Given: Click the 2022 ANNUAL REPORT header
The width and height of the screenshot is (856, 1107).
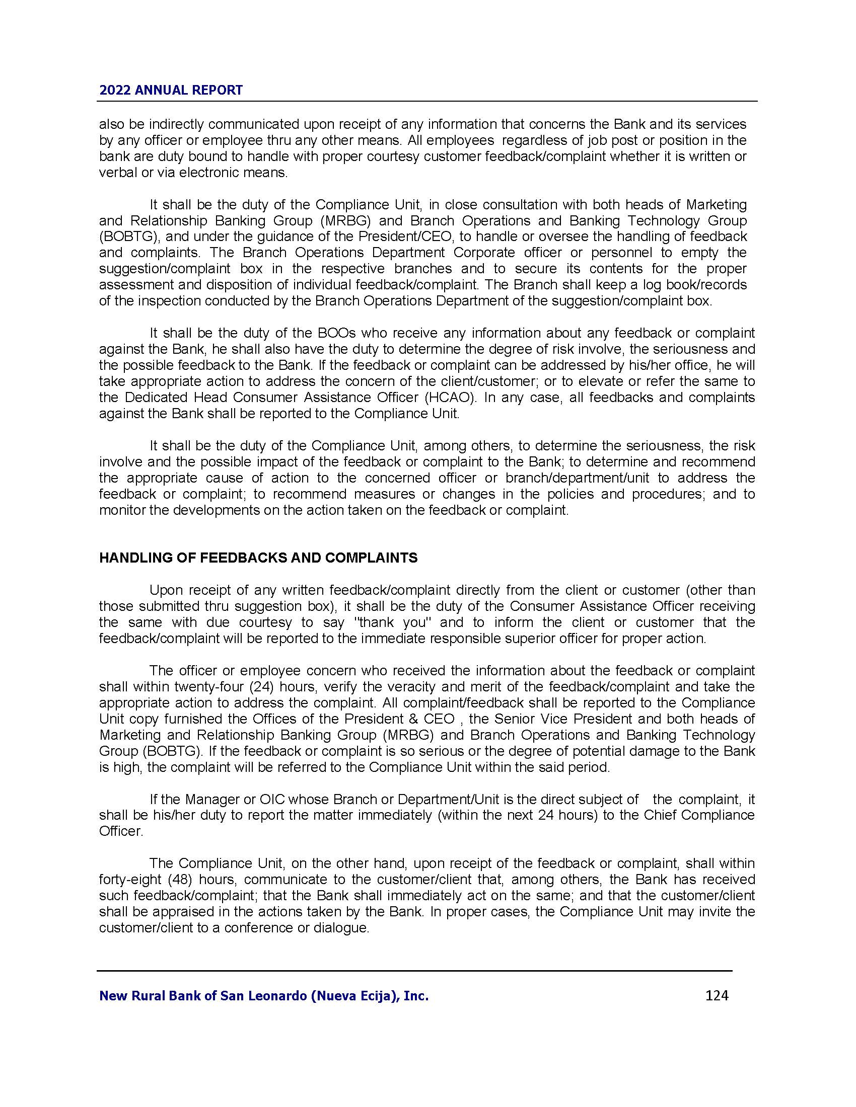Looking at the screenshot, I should tap(171, 90).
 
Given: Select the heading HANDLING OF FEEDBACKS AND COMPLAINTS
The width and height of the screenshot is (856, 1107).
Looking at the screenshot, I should tap(258, 558).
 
